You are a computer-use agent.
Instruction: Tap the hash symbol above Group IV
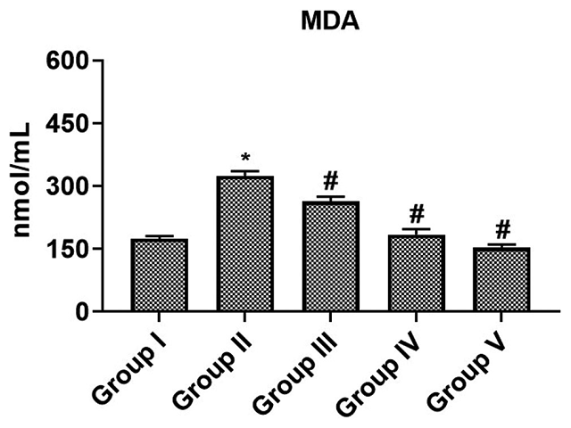416,214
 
